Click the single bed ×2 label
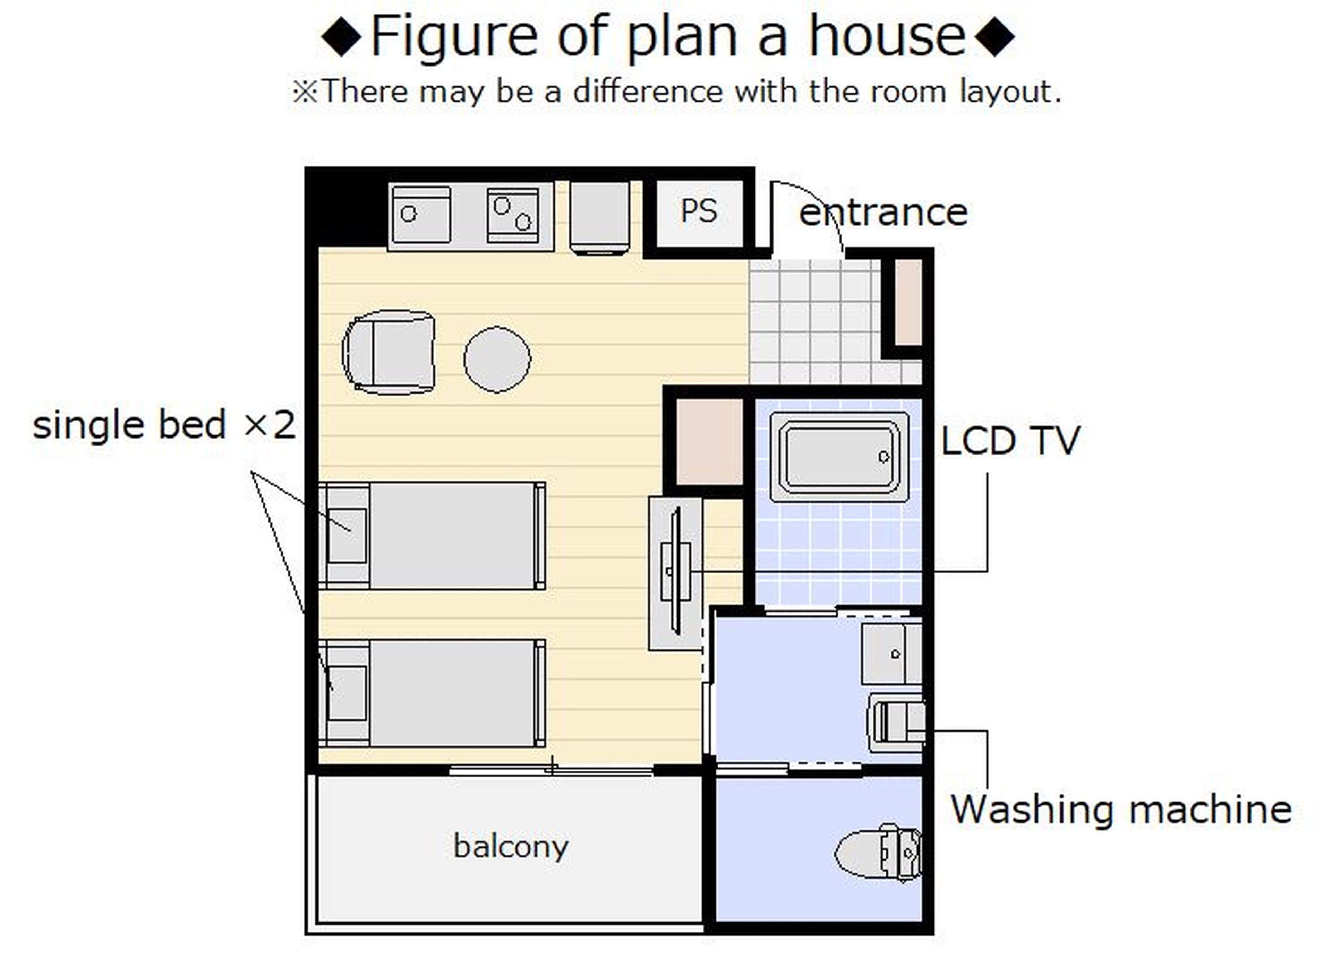pyautogui.click(x=164, y=425)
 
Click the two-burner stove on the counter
pyautogui.click(x=512, y=215)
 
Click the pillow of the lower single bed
pyautogui.click(x=347, y=693)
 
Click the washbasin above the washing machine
pyautogui.click(x=890, y=654)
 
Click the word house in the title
pyautogui.click(x=887, y=37)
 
